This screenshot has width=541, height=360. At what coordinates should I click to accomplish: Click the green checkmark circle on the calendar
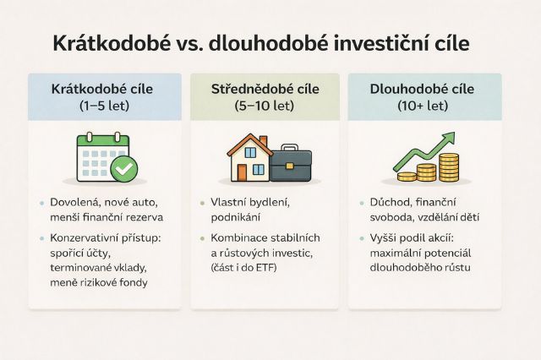tap(125, 170)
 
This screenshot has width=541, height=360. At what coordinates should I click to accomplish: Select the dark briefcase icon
tap(291, 164)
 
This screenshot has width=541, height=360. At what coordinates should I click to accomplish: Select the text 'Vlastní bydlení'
tap(251, 204)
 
